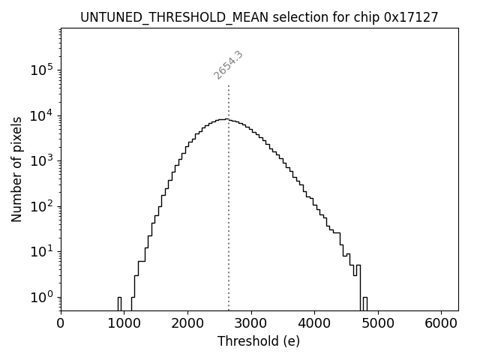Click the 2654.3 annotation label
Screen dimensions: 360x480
coord(228,65)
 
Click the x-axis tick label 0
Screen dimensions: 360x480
coord(61,324)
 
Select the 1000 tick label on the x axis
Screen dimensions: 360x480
coord(124,324)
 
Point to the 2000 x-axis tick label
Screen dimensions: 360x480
coord(187,324)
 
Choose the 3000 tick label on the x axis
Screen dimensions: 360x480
coord(251,324)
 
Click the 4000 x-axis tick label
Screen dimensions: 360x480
coord(315,324)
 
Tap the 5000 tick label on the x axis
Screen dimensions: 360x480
coord(378,324)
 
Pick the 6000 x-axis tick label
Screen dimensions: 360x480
coord(442,324)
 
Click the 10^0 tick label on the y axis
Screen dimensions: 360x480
coord(42,297)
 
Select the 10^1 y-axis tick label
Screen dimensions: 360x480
coord(42,251)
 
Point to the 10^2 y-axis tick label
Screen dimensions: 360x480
coord(42,206)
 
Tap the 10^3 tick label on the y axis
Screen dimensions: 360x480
coord(42,160)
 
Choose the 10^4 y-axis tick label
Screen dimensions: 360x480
coord(42,115)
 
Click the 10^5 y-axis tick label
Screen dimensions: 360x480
coord(42,70)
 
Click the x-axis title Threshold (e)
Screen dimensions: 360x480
coord(259,341)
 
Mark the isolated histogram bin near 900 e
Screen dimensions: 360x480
coord(119,303)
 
